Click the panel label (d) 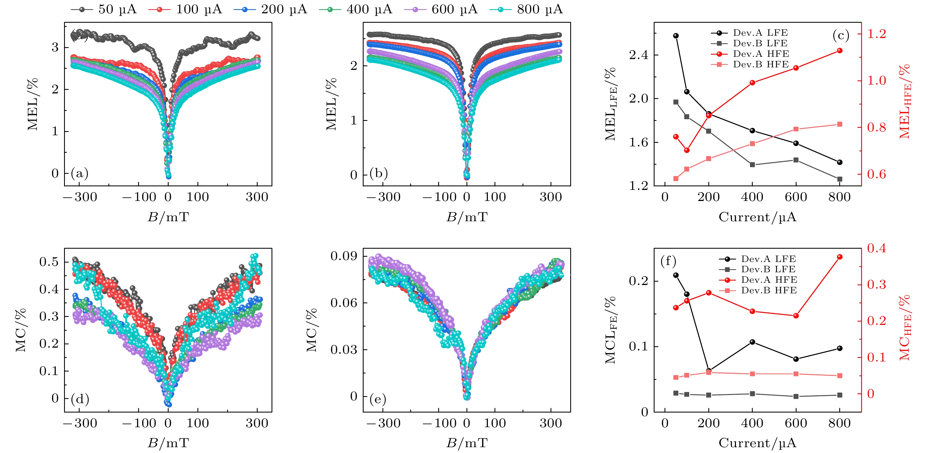pyautogui.click(x=80, y=399)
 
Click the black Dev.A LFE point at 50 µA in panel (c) pyautogui.click(x=676, y=36)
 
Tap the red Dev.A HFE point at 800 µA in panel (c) pyautogui.click(x=840, y=51)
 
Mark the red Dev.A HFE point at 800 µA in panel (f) pyautogui.click(x=840, y=257)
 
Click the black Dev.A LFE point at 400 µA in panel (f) pyautogui.click(x=752, y=342)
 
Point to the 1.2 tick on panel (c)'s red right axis pyautogui.click(x=876, y=34)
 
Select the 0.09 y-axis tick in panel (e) pyautogui.click(x=344, y=256)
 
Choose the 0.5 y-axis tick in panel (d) pyautogui.click(x=49, y=262)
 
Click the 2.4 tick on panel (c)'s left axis pyautogui.click(x=638, y=55)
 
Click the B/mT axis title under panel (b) pyautogui.click(x=467, y=217)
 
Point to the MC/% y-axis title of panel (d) pyautogui.click(x=21, y=330)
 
